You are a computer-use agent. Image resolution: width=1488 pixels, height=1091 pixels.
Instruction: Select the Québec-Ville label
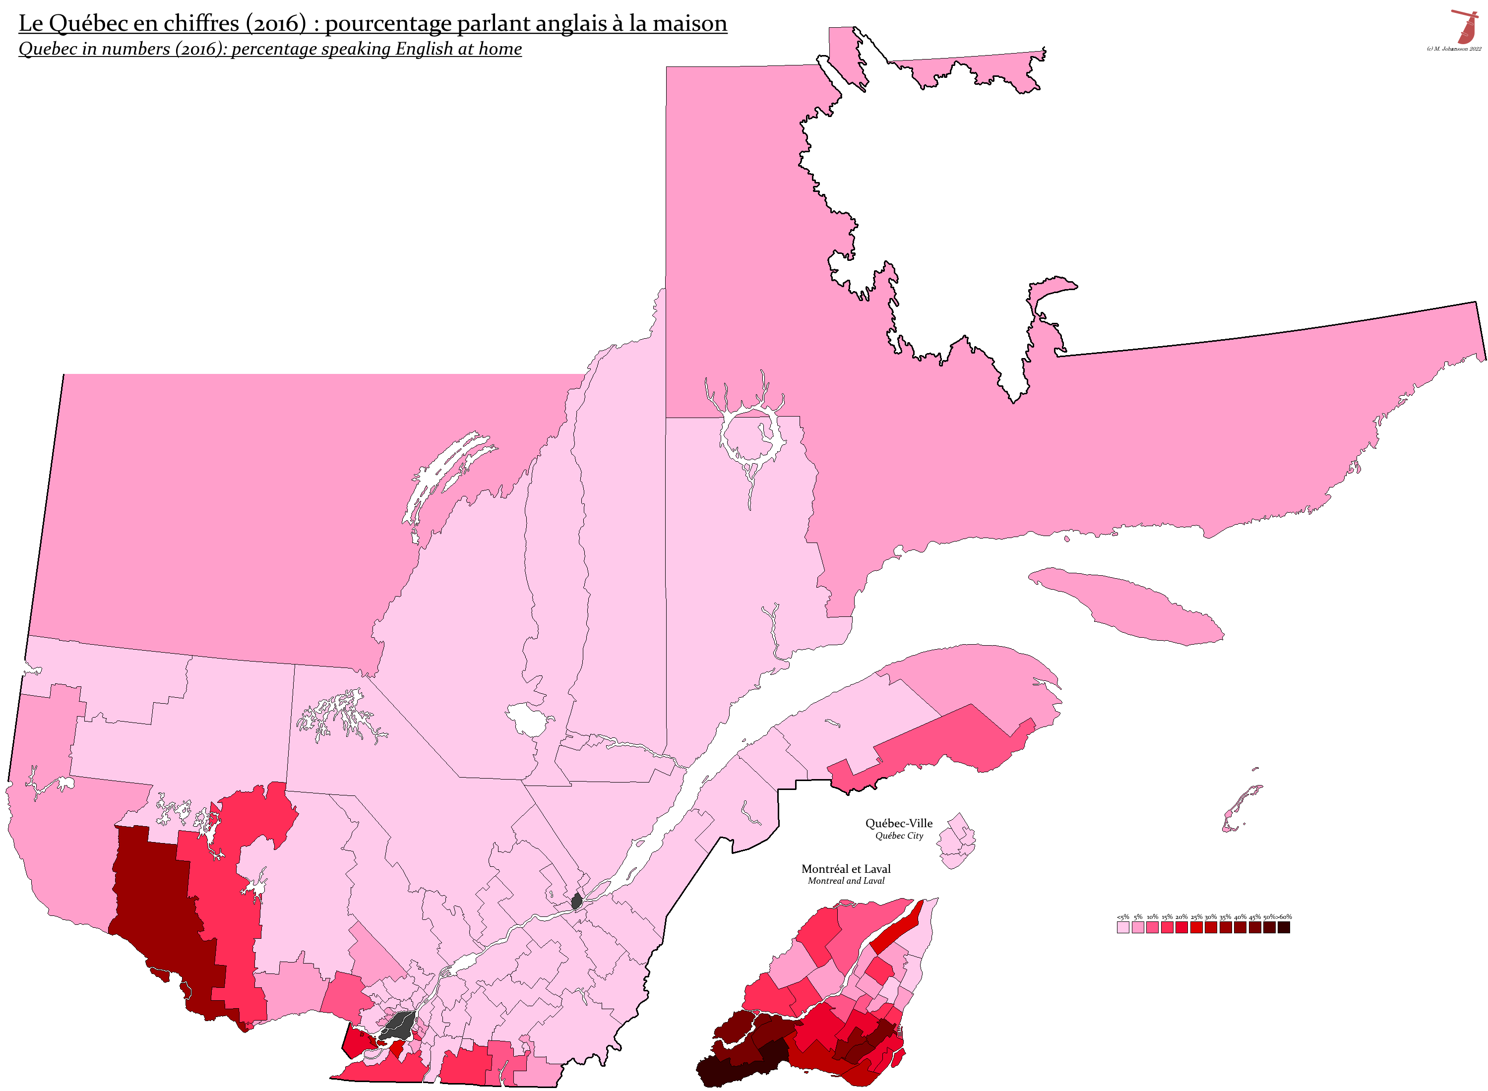(898, 823)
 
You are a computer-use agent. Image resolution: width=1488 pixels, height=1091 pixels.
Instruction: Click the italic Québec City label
(898, 836)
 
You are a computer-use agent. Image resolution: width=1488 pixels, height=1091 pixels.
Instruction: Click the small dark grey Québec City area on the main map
(576, 901)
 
